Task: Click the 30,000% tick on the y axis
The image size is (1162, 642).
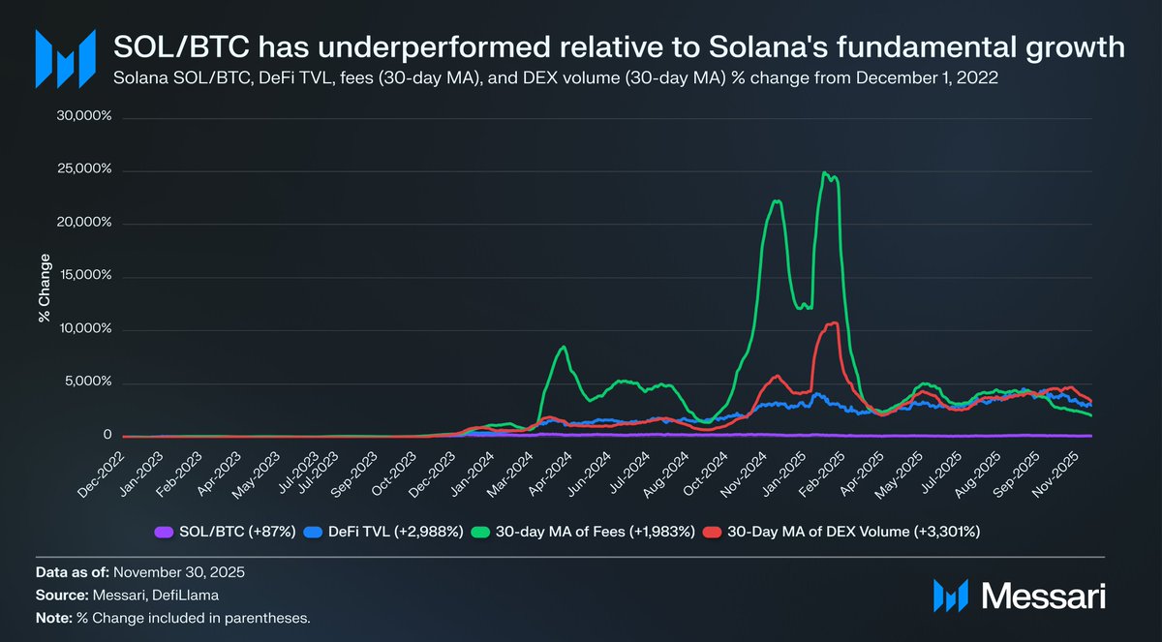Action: click(x=88, y=116)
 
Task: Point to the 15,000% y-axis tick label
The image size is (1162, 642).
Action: click(x=88, y=276)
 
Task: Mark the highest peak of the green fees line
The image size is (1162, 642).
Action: click(x=824, y=173)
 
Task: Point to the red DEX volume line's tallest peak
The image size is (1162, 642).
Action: click(x=832, y=322)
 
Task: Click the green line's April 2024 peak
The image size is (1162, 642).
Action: click(x=564, y=347)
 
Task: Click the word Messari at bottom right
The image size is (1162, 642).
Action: click(x=1042, y=595)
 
